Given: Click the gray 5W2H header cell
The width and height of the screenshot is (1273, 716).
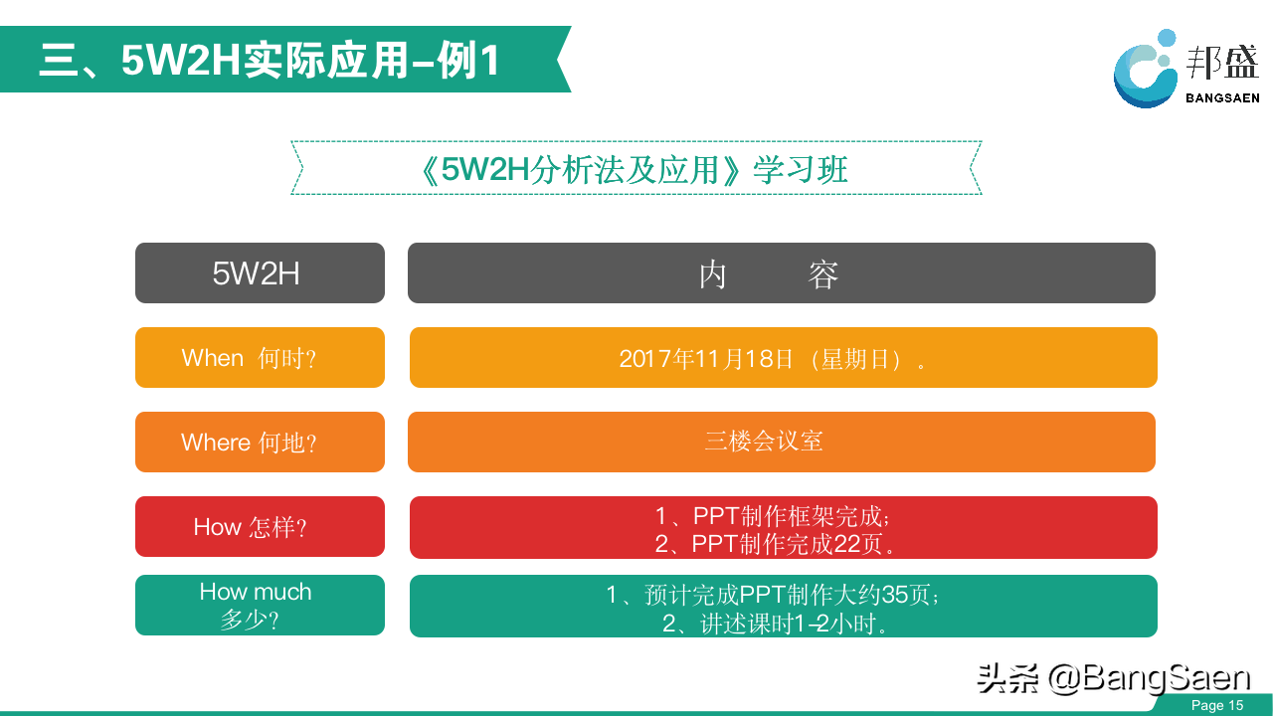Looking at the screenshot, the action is (260, 272).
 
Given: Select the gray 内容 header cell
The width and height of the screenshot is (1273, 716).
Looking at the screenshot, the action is (782, 272).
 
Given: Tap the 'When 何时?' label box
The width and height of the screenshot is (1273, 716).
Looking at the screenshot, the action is (260, 357).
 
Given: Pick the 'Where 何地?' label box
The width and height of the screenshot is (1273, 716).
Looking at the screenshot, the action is (260, 442).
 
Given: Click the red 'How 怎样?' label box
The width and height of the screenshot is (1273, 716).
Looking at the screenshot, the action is (260, 526).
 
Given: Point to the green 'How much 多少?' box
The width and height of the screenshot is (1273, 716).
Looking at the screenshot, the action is (260, 605).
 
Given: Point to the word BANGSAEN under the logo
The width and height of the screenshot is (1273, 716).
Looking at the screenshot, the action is (1222, 98).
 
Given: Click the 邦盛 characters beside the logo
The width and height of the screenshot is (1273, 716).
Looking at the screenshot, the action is (1222, 62).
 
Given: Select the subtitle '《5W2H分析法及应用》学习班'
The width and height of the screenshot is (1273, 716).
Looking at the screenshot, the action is (636, 169).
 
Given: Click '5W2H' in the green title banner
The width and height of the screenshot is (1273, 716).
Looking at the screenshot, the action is (182, 60).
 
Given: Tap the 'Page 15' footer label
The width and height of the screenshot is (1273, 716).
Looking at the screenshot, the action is (1217, 705).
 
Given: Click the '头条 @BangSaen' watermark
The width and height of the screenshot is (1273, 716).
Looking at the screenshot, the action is (1114, 678).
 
